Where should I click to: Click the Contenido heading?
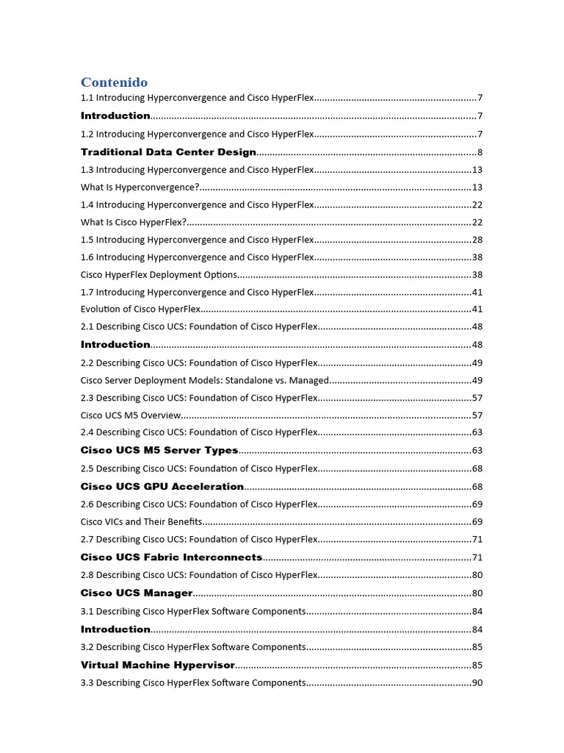114,82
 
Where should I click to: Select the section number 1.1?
87,98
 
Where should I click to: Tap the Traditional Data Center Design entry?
168,152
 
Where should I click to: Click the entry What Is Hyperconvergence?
140,188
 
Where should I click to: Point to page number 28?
477,240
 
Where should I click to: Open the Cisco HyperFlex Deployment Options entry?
159,274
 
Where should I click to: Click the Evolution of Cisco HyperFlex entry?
140,310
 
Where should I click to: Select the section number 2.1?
87,326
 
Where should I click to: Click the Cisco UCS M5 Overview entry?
131,415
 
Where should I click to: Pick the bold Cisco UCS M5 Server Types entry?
159,450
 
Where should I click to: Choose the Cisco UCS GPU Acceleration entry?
162,486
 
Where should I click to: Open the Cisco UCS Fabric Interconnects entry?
171,557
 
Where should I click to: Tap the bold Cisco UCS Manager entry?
137,593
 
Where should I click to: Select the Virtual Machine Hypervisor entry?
158,665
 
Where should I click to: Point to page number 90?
477,683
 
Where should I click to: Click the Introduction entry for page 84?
115,629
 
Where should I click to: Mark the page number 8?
480,153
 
